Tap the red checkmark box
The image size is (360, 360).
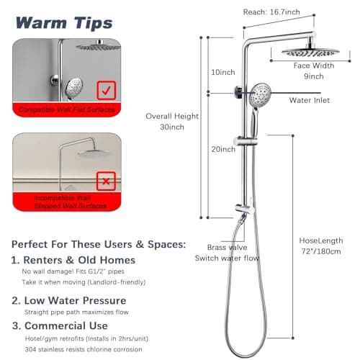coord(106,91)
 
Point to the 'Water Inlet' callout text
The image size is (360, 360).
coord(309,100)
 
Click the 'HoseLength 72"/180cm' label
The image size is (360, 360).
coord(320,246)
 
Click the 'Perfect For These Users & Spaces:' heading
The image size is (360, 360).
coord(97,243)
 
